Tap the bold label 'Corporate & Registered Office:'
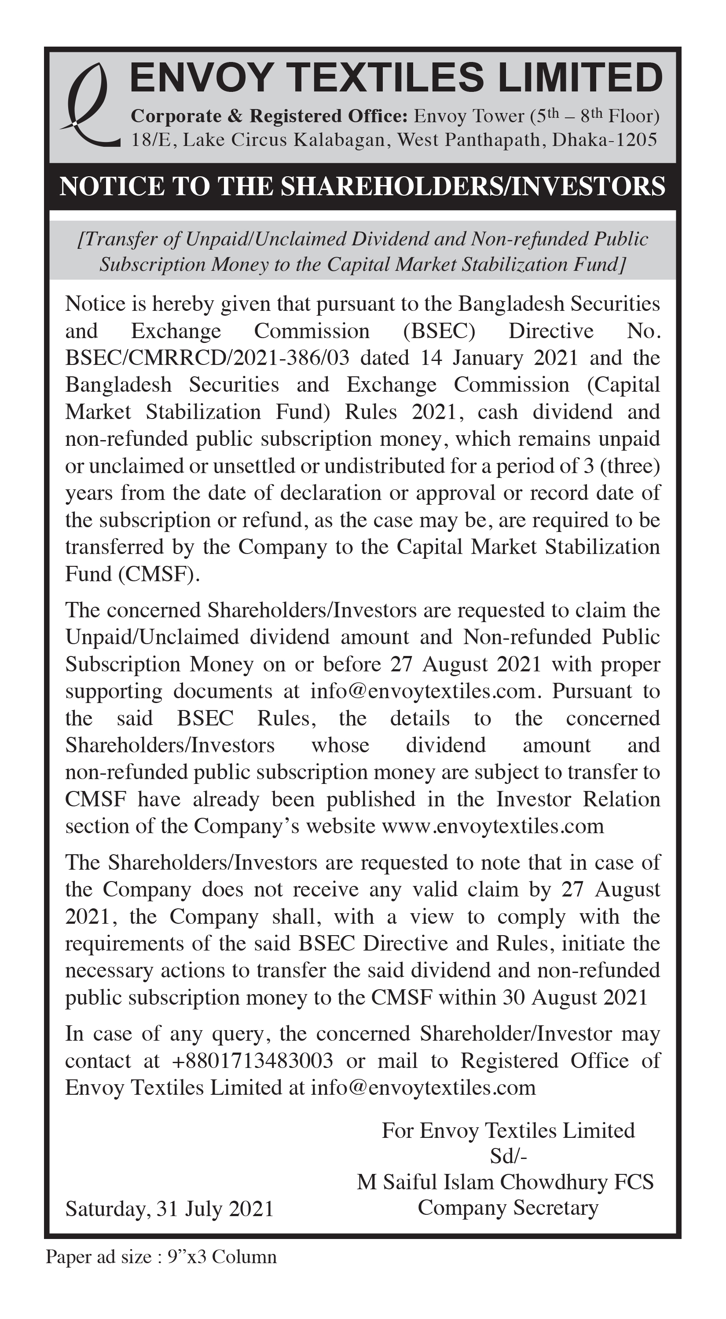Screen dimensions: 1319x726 tap(269, 116)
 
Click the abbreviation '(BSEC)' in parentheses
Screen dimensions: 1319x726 tap(439, 331)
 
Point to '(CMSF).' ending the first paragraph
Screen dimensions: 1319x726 tap(159, 574)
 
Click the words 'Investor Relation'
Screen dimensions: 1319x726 tap(578, 799)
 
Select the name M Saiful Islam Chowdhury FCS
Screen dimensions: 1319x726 tap(505, 1182)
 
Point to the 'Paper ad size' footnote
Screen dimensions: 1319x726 tap(161, 1257)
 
